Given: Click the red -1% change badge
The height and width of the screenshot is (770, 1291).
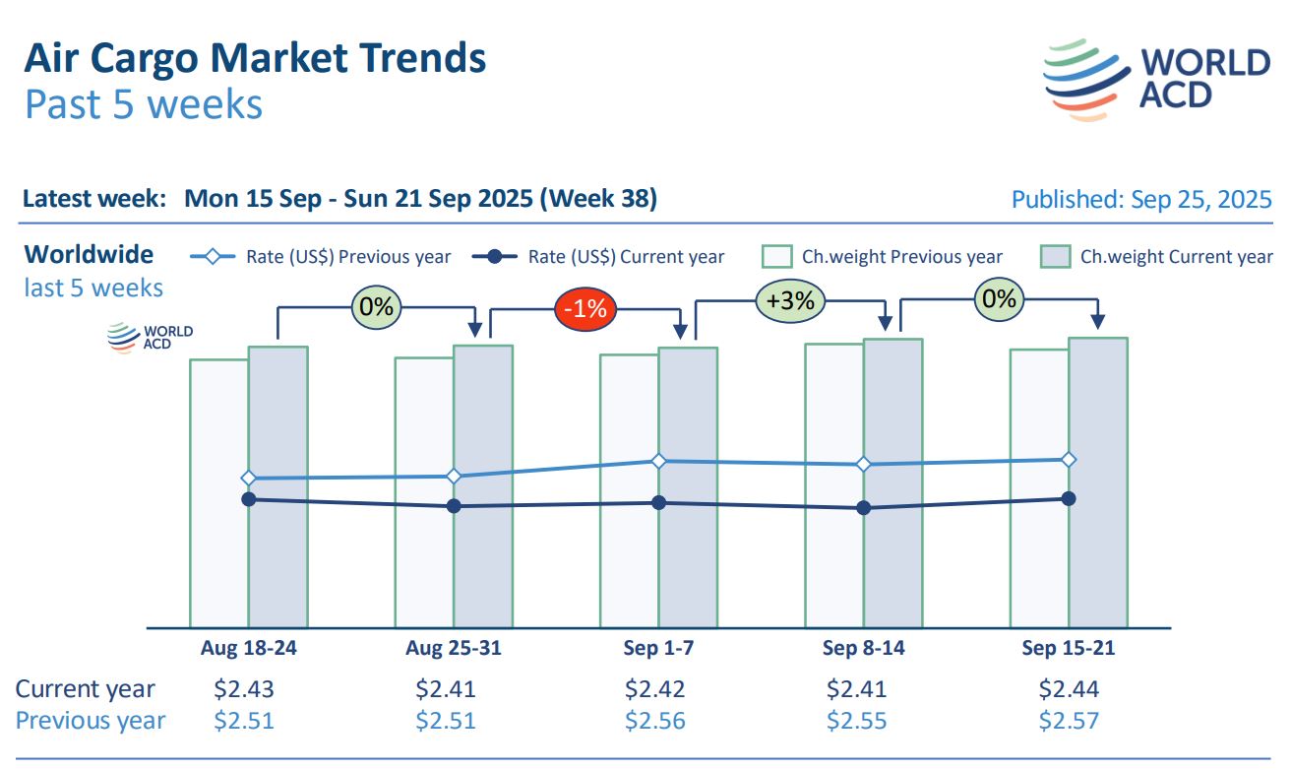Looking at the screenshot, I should [584, 308].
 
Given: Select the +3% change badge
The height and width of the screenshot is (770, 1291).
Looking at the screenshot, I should [790, 300].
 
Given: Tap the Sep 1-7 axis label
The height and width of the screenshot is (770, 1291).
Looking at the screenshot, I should [658, 648].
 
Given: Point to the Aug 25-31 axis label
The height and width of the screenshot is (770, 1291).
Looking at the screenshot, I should [453, 648].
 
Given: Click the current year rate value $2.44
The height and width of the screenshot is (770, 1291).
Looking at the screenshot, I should [1069, 688].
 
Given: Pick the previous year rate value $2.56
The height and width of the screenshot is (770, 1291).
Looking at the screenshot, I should [654, 720].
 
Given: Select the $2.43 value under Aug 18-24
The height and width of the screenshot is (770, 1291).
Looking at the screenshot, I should [244, 688].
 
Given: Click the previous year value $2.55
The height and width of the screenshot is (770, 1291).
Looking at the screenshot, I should [856, 720].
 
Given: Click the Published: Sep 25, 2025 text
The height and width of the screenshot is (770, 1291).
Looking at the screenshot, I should [1141, 199].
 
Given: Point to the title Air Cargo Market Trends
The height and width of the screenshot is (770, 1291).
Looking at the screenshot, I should [255, 59].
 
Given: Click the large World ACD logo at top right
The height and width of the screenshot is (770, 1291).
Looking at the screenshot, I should [1156, 79].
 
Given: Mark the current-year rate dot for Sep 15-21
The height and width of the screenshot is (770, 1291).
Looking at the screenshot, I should [1069, 498].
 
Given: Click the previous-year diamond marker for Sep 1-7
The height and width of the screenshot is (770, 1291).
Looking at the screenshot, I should [659, 461].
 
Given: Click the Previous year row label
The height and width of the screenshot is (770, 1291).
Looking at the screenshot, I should [91, 720].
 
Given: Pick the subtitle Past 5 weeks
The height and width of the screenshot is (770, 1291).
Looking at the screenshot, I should [144, 104].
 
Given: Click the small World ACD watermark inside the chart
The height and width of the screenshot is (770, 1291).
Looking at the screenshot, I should [151, 338].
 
